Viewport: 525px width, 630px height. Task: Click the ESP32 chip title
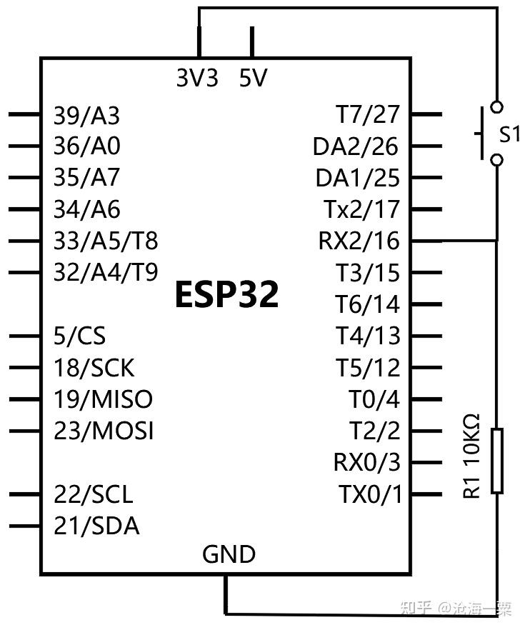click(227, 294)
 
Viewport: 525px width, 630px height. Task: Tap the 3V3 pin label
click(197, 78)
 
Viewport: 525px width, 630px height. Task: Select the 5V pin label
click(253, 78)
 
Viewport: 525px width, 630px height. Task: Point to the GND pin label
click(229, 554)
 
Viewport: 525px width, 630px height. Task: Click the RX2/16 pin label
click(359, 241)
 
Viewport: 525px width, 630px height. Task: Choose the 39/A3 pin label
click(86, 116)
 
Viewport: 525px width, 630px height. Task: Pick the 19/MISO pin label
click(104, 399)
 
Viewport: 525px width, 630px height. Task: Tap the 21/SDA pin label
click(96, 526)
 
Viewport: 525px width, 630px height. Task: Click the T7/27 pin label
click(368, 114)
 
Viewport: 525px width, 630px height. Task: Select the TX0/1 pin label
click(370, 494)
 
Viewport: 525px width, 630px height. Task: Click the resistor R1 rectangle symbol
click(497, 461)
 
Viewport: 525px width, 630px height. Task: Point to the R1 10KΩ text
click(472, 456)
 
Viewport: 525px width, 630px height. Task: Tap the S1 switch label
click(509, 134)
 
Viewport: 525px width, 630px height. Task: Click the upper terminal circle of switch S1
click(497, 107)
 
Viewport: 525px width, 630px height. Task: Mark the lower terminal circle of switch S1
click(497, 160)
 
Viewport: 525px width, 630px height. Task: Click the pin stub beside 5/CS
click(24, 336)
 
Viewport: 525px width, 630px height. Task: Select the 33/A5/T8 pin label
click(106, 241)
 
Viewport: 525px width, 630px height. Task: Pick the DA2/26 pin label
click(356, 146)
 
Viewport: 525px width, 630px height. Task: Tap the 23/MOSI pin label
click(104, 431)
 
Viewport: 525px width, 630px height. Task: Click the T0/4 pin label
click(374, 399)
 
